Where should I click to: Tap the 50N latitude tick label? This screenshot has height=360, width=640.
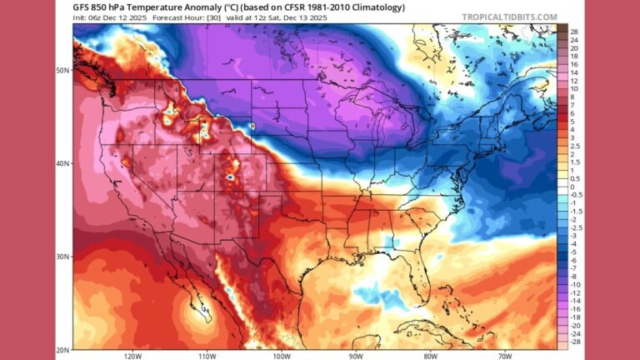[x=63, y=70]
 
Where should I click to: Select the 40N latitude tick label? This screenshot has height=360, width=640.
[x=63, y=163]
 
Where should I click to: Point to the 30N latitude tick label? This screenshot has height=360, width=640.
[x=63, y=257]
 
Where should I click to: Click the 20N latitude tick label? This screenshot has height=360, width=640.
[x=63, y=349]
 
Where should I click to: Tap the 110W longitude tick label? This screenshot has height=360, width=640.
[x=205, y=356]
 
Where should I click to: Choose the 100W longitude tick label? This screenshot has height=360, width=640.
[x=279, y=356]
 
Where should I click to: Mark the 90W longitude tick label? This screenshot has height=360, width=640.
[x=354, y=356]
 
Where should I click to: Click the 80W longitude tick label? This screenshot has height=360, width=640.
[x=428, y=356]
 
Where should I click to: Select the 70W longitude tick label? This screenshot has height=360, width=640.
[x=502, y=356]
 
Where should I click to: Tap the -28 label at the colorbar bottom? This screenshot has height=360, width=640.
[x=574, y=342]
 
